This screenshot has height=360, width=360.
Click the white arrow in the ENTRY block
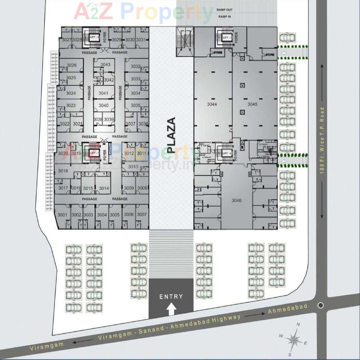[171, 309]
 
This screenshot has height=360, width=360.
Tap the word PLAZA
[171, 135]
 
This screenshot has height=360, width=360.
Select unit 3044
[212, 104]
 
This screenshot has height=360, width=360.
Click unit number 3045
[252, 104]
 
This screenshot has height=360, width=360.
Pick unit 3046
[237, 201]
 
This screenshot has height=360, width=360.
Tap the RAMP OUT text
[224, 10]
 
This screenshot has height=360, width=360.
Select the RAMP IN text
[224, 17]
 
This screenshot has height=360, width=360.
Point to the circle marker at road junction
[321, 305]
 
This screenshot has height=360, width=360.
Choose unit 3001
[62, 215]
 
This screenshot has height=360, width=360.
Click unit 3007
[142, 215]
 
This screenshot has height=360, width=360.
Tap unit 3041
[103, 93]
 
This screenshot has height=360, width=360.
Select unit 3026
[72, 65]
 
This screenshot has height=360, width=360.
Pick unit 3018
[63, 171]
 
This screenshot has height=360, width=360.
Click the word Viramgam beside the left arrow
[47, 346]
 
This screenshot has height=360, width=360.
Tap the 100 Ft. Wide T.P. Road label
[322, 140]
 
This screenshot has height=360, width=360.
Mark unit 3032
[136, 66]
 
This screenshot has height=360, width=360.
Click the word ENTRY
[171, 296]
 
